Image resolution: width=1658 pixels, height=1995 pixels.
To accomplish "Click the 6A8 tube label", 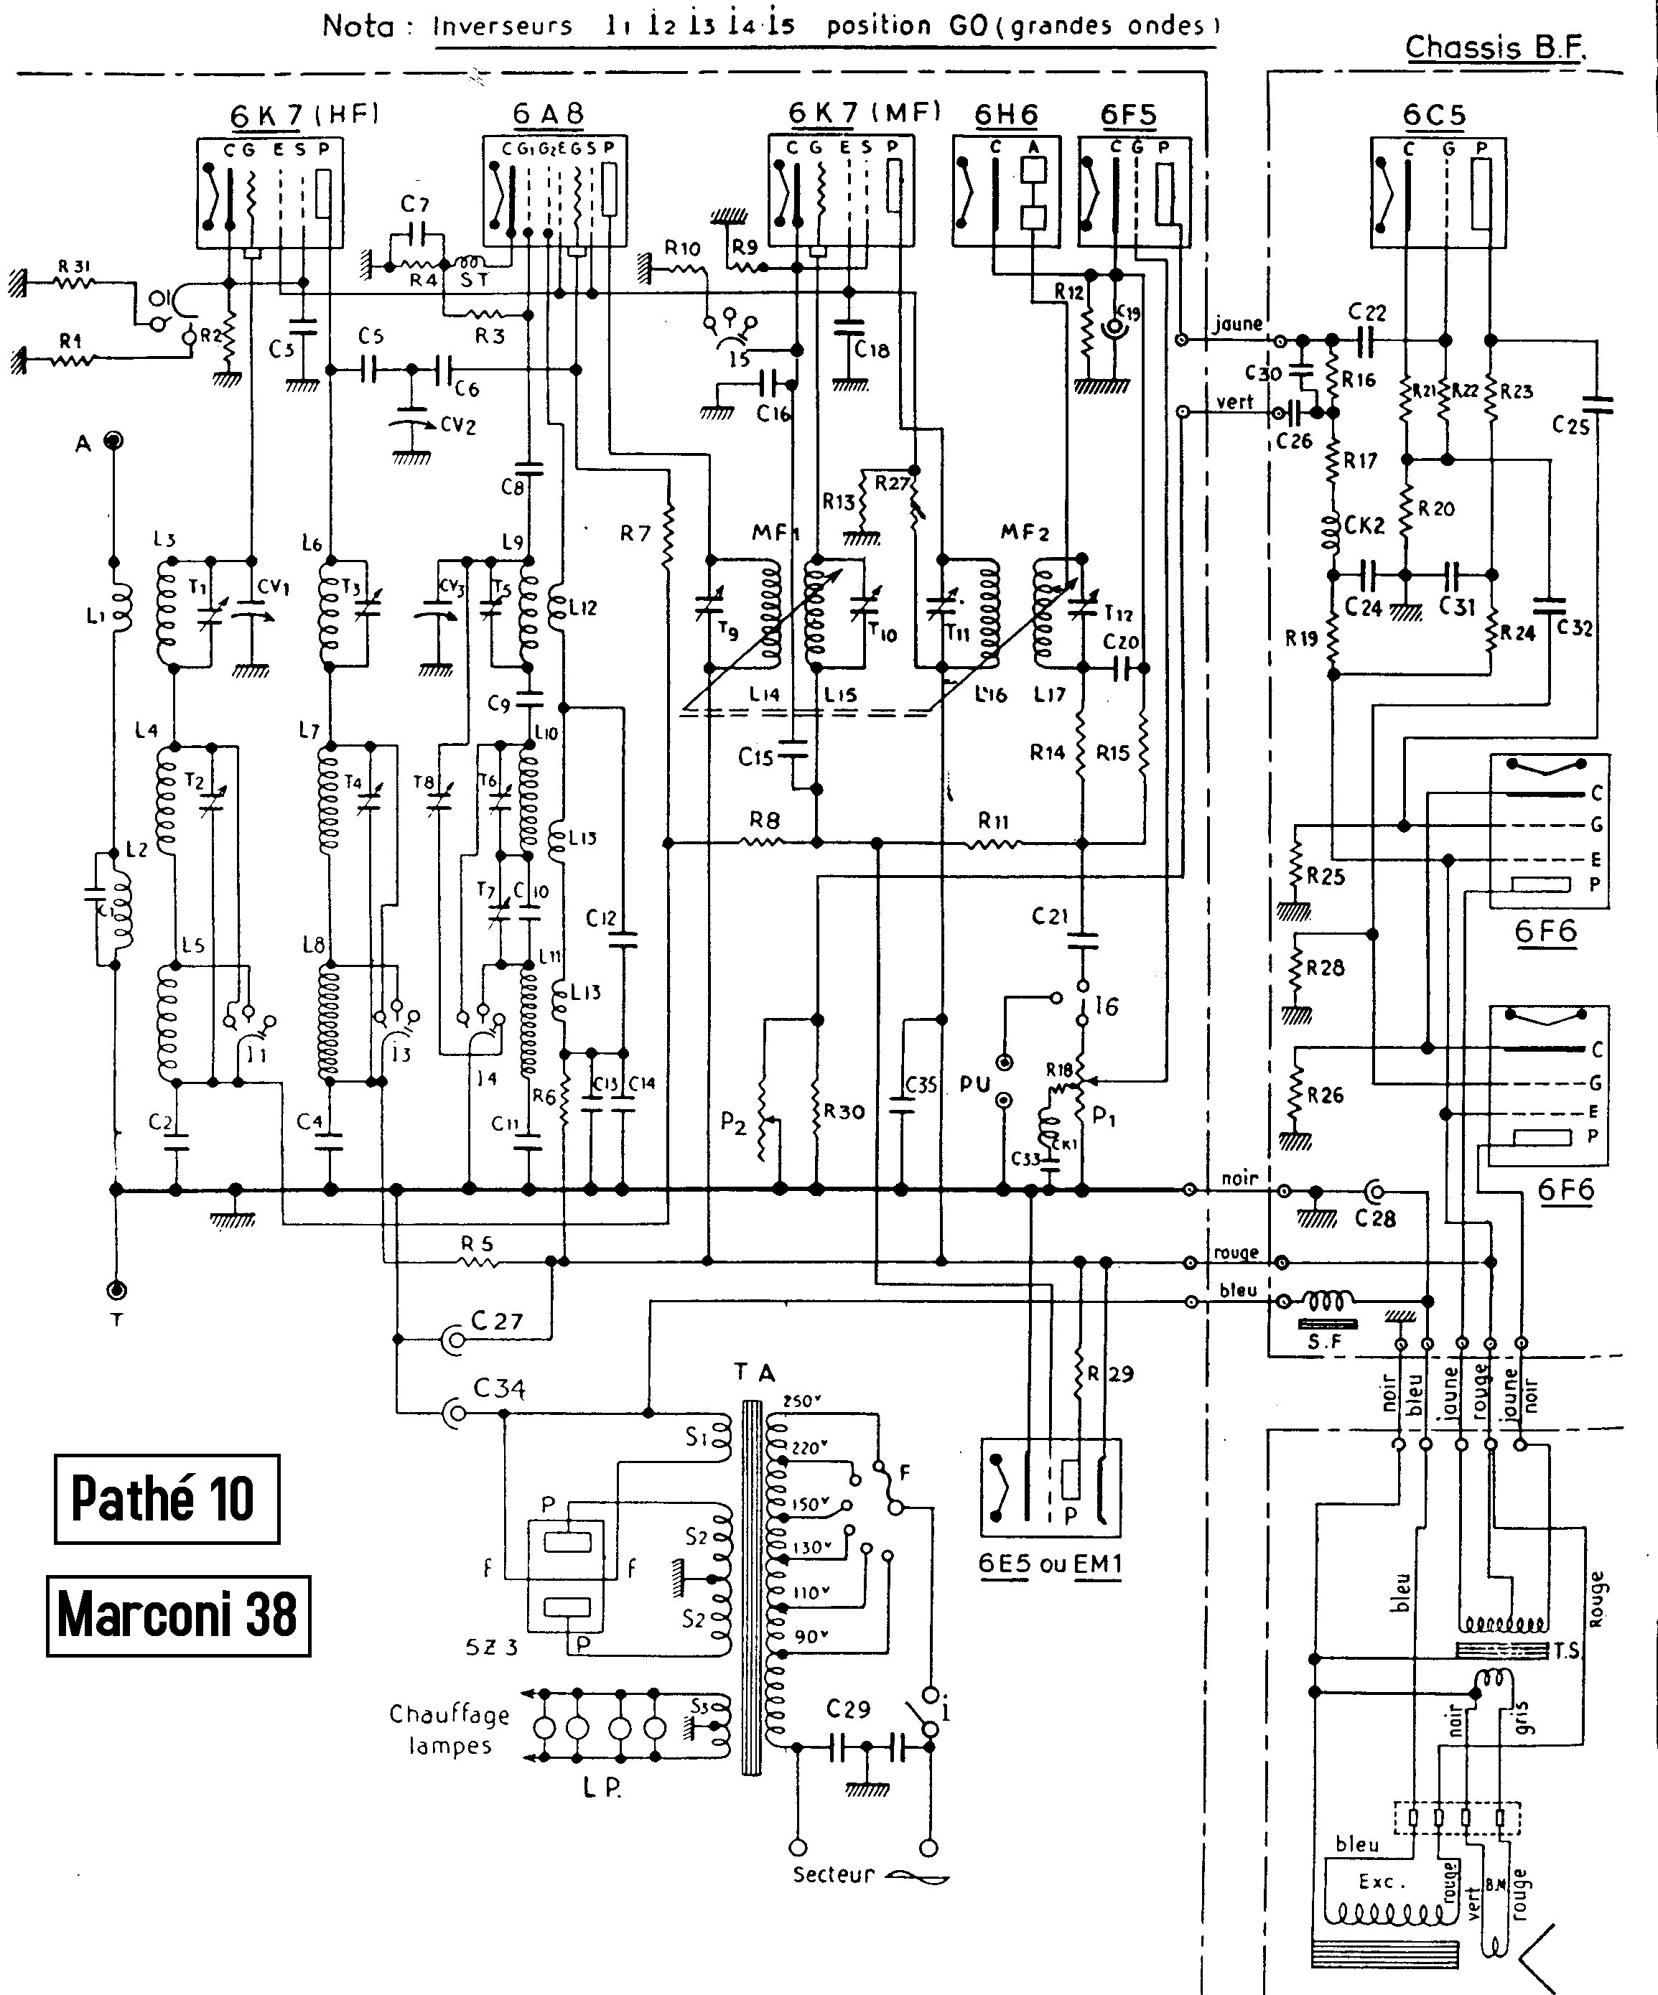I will pos(548,114).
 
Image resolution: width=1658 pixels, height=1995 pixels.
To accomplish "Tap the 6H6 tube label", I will pos(1005,115).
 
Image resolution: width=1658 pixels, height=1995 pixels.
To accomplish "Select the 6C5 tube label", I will pos(1434,115).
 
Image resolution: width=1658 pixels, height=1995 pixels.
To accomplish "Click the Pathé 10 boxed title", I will pos(167,1498).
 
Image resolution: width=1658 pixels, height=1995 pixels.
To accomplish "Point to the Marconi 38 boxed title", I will pos(177,1615).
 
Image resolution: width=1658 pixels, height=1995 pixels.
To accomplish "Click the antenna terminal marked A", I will pos(114,441).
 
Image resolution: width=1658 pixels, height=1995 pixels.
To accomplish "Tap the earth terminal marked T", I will pos(117,1290).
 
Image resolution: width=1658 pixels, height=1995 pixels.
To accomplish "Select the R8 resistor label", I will pos(764,819).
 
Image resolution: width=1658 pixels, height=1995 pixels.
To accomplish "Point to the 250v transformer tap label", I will pos(803,1401).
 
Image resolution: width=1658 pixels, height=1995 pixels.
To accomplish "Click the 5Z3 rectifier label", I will pos(491,1648).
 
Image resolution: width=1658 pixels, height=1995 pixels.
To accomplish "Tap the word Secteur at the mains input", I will pos(833,1874).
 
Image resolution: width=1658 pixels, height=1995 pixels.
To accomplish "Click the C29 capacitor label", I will pos(847,1709).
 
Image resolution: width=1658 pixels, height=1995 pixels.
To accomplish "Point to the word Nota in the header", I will pos(358,26).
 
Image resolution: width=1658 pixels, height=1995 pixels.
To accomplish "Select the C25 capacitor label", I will pos(1570,425).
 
